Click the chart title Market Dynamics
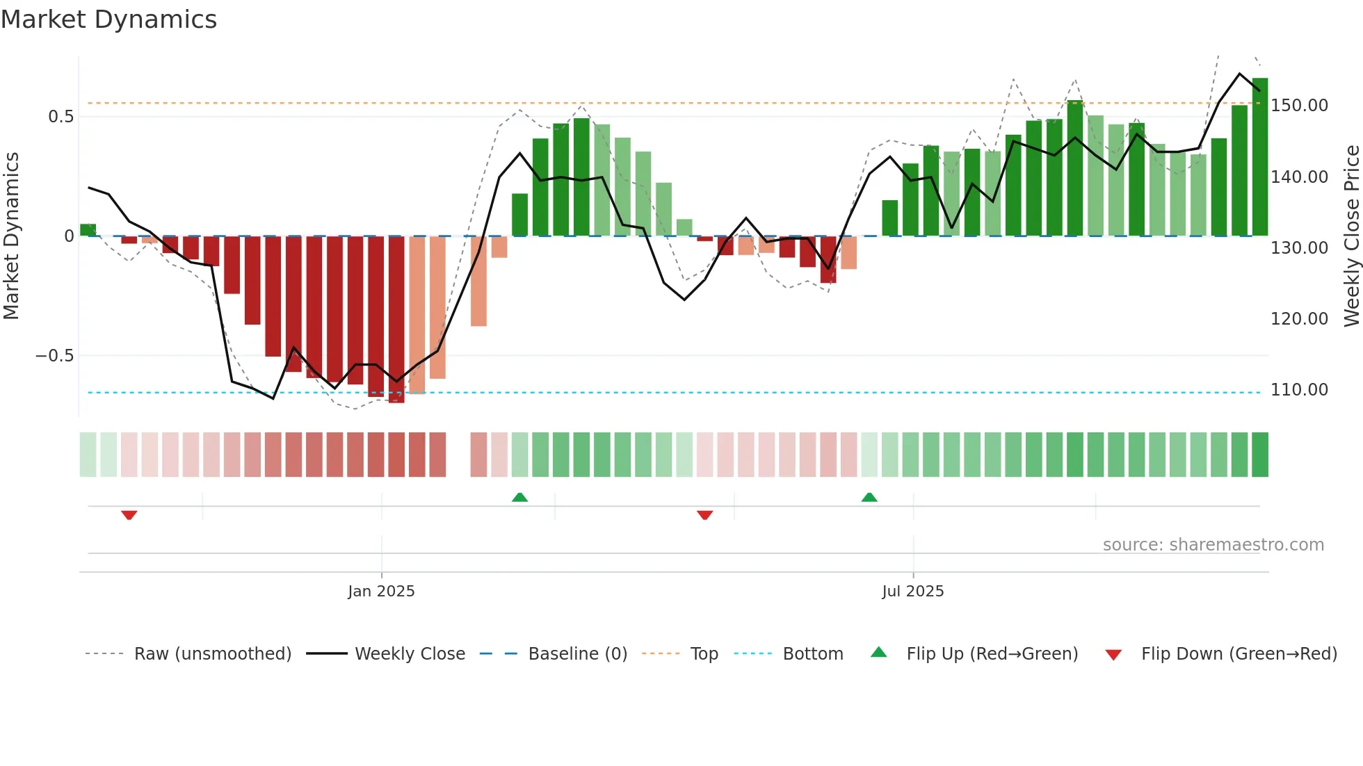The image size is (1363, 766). pyautogui.click(x=108, y=19)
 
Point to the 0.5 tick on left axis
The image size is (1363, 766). pyautogui.click(x=61, y=117)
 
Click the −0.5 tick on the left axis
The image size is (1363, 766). pyautogui.click(x=54, y=356)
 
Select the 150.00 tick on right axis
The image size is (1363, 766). pyautogui.click(x=1299, y=106)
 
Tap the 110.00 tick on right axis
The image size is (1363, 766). pyautogui.click(x=1299, y=390)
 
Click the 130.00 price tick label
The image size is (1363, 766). pyautogui.click(x=1299, y=248)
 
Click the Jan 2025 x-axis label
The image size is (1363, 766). pyautogui.click(x=381, y=592)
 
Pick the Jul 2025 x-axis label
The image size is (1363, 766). pyautogui.click(x=912, y=592)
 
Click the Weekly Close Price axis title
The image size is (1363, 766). pyautogui.click(x=1351, y=236)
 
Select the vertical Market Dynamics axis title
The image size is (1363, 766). pyautogui.click(x=11, y=236)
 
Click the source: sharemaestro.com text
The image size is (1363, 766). pyautogui.click(x=1213, y=545)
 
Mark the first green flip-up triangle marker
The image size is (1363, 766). pyautogui.click(x=519, y=498)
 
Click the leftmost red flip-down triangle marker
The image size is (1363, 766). pyautogui.click(x=129, y=515)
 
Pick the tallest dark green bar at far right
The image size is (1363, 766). pyautogui.click(x=1259, y=156)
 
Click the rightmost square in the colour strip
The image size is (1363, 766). pyautogui.click(x=1259, y=455)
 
